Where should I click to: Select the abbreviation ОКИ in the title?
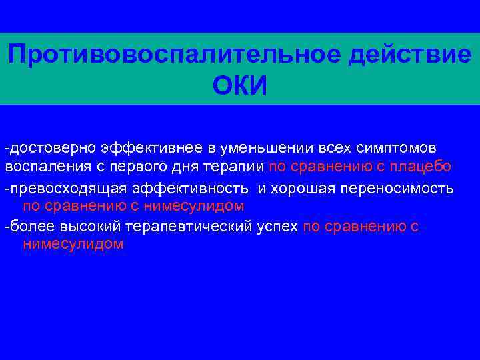(239, 86)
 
